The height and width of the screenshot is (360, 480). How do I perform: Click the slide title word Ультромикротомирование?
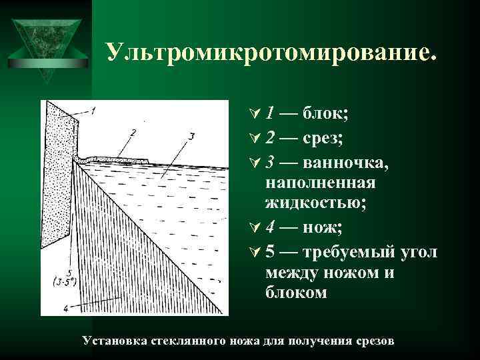272,53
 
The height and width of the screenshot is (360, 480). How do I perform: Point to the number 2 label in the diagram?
133,131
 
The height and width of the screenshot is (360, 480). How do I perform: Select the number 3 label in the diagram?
191,137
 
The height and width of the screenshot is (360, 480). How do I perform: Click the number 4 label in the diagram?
65,307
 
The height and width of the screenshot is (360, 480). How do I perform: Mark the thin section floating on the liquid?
120,160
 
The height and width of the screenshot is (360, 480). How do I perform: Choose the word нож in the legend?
322,229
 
